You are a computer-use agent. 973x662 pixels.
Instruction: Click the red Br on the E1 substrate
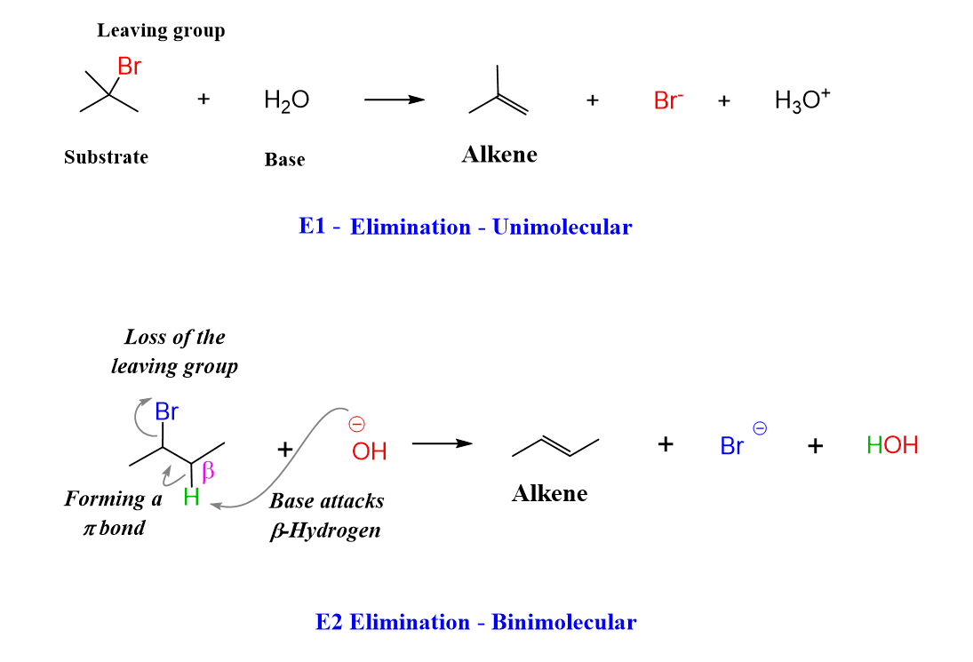pyautogui.click(x=130, y=68)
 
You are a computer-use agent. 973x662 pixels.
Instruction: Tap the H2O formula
pyautogui.click(x=286, y=100)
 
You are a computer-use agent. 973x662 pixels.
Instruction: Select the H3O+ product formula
pyautogui.click(x=802, y=100)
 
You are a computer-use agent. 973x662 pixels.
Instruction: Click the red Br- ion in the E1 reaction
pyautogui.click(x=668, y=100)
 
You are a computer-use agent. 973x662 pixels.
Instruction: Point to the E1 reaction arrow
pyautogui.click(x=395, y=100)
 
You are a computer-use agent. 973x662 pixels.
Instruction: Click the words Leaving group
pyautogui.click(x=161, y=30)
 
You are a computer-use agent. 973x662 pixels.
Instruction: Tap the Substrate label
pyautogui.click(x=106, y=157)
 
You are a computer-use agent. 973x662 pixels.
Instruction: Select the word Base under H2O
pyautogui.click(x=284, y=160)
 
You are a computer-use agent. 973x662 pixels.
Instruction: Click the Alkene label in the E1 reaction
pyautogui.click(x=499, y=155)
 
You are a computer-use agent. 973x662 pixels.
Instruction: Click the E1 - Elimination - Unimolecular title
pyautogui.click(x=466, y=227)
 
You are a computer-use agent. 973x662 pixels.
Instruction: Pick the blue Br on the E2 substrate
pyautogui.click(x=167, y=411)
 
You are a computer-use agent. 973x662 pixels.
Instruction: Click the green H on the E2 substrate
pyautogui.click(x=191, y=498)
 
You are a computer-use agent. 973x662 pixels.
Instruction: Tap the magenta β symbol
pyautogui.click(x=209, y=471)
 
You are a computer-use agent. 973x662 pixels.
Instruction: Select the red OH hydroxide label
pyautogui.click(x=369, y=451)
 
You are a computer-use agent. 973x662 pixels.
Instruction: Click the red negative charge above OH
pyautogui.click(x=357, y=424)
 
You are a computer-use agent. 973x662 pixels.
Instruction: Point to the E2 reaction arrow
pyautogui.click(x=442, y=443)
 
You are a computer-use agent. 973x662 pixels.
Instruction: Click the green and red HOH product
pyautogui.click(x=892, y=445)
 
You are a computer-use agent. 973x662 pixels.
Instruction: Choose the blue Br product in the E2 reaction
pyautogui.click(x=732, y=445)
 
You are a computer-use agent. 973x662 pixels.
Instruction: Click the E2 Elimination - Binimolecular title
pyautogui.click(x=475, y=622)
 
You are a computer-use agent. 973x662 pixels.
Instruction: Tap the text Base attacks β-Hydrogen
pyautogui.click(x=327, y=515)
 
